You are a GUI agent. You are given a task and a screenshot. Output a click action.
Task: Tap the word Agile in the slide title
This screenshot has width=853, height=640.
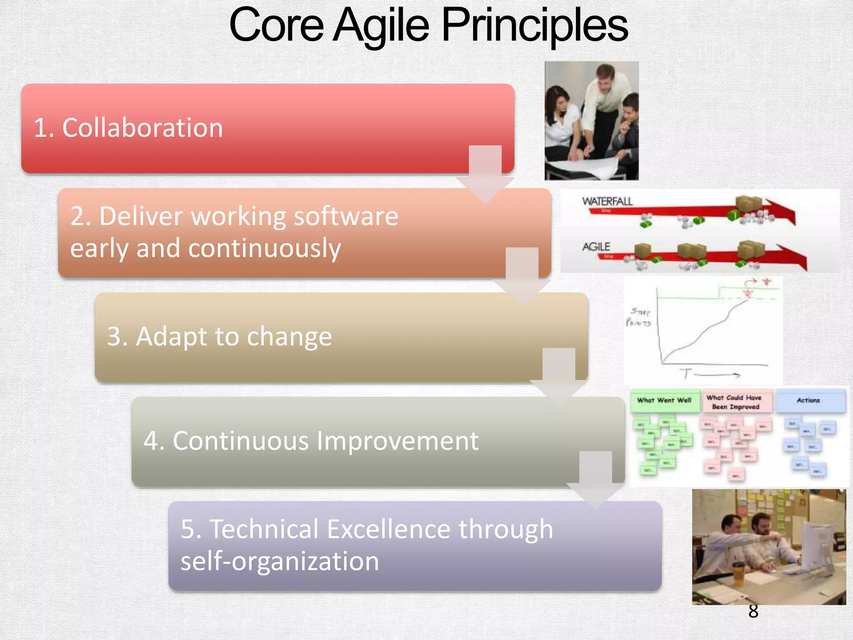[381, 26]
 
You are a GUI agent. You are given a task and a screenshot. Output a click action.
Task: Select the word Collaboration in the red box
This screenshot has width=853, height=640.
[142, 127]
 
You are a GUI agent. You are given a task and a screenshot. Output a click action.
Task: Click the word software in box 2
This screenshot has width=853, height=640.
[346, 216]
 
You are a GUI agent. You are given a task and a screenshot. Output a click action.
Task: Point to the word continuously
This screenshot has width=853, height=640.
[264, 248]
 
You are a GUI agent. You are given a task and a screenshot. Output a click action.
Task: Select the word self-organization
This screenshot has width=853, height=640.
[279, 561]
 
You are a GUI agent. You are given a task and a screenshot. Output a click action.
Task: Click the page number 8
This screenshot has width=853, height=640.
[753, 611]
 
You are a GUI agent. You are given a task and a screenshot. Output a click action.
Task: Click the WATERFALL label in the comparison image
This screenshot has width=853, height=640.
[607, 202]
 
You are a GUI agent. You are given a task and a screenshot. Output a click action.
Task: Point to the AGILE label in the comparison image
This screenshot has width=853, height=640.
[596, 247]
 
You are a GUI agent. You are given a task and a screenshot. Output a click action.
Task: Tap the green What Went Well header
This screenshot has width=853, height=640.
[664, 400]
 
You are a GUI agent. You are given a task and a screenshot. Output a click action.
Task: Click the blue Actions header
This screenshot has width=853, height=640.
[808, 400]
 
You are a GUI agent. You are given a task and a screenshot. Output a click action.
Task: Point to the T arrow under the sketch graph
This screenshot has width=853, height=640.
[710, 374]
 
